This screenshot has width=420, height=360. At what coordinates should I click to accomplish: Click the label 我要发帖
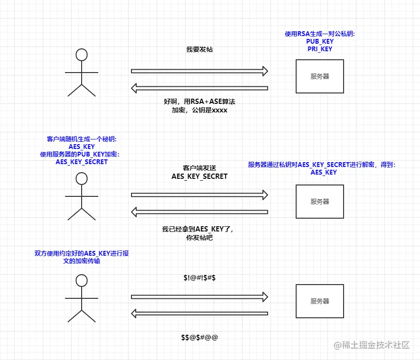click(199, 49)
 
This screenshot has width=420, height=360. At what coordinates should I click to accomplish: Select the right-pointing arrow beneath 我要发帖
click(199, 71)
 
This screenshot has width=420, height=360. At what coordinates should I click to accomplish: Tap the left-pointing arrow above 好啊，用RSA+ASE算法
click(199, 88)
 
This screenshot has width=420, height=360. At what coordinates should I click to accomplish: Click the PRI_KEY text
click(319, 49)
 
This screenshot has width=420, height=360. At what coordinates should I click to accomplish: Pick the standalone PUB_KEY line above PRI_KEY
click(319, 42)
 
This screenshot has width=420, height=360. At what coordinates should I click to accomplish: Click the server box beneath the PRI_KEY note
click(319, 76)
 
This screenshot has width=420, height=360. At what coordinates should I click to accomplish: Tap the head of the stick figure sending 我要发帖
click(82, 55)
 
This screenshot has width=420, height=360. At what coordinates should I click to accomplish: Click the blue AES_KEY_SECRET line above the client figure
click(82, 162)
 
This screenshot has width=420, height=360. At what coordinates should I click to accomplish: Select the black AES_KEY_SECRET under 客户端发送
click(199, 176)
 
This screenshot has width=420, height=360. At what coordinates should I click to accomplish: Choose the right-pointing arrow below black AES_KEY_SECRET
click(199, 194)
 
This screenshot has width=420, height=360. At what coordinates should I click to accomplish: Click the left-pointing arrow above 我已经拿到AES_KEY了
click(199, 212)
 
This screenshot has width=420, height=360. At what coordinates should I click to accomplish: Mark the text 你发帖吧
click(199, 237)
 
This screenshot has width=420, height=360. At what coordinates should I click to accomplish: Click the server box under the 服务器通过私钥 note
click(319, 201)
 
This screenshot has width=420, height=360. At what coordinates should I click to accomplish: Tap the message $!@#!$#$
click(199, 277)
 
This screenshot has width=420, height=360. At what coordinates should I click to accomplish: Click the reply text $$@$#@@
click(199, 337)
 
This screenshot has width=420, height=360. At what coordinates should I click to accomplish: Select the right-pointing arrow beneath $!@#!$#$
click(199, 297)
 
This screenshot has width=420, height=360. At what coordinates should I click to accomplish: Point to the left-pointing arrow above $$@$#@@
click(199, 313)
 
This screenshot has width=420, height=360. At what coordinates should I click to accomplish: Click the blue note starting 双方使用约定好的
click(82, 257)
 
